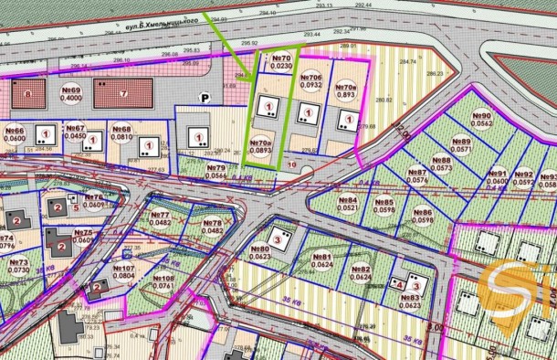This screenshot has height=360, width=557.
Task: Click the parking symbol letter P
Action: click(205, 98)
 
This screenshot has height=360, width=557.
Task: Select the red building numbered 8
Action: click(28, 93)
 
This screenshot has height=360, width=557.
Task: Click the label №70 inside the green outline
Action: click(281, 62)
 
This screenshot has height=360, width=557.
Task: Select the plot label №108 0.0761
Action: click(163, 281)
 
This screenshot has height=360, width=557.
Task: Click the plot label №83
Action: click(409, 302)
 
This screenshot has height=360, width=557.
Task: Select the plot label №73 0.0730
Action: click(19, 266)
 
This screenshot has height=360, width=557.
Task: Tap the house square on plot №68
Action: click(146, 144)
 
